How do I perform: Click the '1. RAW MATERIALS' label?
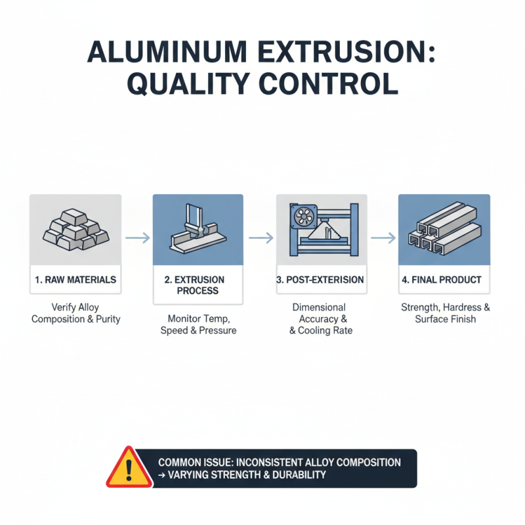pos(75,280)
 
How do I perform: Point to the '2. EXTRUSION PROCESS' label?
pos(198,285)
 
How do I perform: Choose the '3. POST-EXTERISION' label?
pos(320,280)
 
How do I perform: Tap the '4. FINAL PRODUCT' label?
pos(441,280)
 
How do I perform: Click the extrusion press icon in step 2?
pos(198,230)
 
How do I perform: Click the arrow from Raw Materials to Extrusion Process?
pos(136,238)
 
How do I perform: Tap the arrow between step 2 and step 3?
pos(259,238)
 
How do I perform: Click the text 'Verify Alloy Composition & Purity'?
pos(75,313)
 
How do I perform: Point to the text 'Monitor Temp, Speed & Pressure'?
pos(198,324)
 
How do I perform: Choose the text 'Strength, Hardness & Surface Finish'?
pos(445,313)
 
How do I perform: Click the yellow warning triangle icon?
pos(129,468)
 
